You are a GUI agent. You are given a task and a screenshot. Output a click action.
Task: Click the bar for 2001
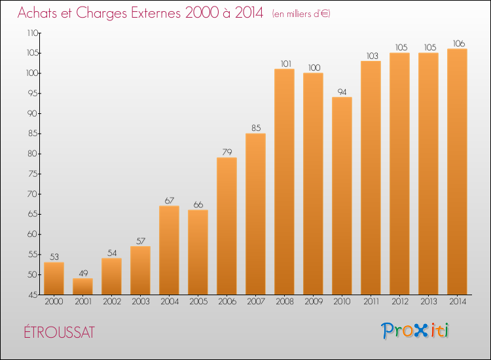click(82, 287)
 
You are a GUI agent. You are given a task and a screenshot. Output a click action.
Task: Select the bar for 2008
click(284, 181)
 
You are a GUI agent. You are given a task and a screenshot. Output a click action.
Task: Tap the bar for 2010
click(342, 196)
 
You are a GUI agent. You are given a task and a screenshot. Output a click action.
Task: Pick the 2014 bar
click(457, 171)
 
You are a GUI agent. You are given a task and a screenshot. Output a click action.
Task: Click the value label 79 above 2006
click(227, 152)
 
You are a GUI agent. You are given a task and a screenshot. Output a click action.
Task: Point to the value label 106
click(459, 43)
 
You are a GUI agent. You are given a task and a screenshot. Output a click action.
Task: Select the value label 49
click(83, 274)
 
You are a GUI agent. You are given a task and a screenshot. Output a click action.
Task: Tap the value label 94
click(342, 92)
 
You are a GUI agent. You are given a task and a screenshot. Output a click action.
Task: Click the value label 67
click(170, 201)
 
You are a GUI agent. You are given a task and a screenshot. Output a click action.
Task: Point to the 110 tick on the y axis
click(33, 33)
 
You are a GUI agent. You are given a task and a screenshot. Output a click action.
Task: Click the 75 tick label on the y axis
click(33, 173)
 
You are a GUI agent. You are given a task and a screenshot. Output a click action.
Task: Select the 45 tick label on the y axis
click(33, 295)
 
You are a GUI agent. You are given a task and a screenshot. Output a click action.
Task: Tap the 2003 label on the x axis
click(141, 302)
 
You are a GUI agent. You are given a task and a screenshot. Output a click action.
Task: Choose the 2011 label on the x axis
click(371, 302)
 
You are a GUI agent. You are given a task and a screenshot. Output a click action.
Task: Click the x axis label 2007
click(256, 302)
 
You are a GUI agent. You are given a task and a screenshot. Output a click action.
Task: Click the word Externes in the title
click(156, 13)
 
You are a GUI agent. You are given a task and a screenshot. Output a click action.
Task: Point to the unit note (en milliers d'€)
click(301, 14)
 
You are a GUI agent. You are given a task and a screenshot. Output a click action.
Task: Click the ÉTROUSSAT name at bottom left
click(59, 332)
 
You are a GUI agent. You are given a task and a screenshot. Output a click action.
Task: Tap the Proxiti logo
click(415, 331)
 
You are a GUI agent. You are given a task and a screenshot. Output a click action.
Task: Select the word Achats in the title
click(37, 13)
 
